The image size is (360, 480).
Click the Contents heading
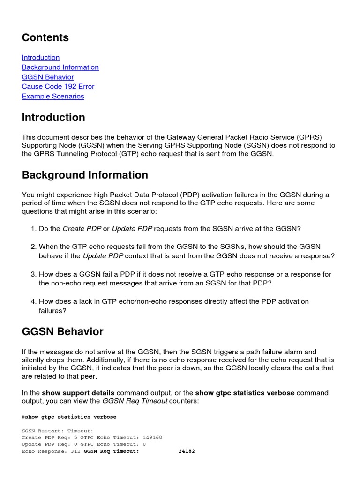pyautogui.click(x=45, y=37)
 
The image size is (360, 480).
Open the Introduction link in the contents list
pyautogui.click(x=41, y=58)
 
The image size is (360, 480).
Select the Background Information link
pyautogui.click(x=60, y=67)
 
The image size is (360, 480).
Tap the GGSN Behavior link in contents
pyautogui.click(x=48, y=77)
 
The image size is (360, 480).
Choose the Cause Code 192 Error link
pyautogui.click(x=58, y=87)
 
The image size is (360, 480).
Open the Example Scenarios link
pyautogui.click(x=53, y=97)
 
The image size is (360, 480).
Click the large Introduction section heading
pyautogui.click(x=53, y=117)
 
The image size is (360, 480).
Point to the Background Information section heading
pyautogui.click(x=85, y=175)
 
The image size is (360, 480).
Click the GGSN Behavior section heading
pyautogui.click(x=62, y=331)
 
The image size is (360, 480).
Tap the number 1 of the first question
pyautogui.click(x=33, y=229)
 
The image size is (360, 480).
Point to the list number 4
pyautogui.click(x=33, y=301)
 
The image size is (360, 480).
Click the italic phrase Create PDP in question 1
pyautogui.click(x=82, y=229)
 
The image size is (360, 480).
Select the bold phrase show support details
pyautogui.click(x=78, y=393)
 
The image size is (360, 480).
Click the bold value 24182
pyautogui.click(x=187, y=451)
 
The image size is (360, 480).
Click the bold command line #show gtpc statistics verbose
pyautogui.click(x=69, y=417)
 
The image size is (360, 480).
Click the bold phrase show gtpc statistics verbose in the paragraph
pyautogui.click(x=245, y=393)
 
